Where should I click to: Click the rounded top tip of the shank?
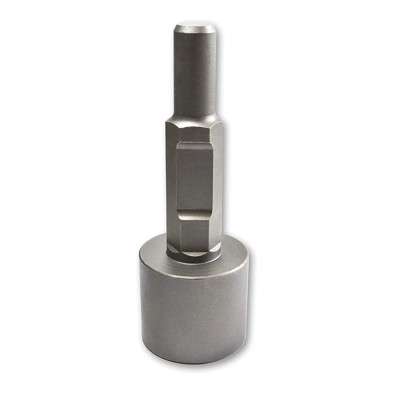[x=195, y=28]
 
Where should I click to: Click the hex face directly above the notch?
[x=194, y=132]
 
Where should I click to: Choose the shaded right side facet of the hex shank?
[x=217, y=185]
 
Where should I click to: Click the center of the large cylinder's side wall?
[x=195, y=314]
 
